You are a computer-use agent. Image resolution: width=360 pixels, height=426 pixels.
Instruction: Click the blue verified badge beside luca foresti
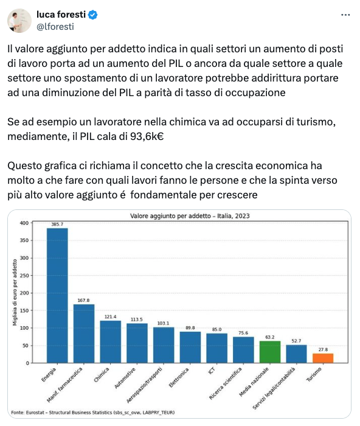coord(93,15)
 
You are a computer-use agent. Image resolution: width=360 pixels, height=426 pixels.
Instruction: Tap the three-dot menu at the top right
coord(345,15)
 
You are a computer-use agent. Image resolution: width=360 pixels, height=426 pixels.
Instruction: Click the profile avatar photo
coord(19,21)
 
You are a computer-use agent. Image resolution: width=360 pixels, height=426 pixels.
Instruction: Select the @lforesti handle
coord(55,27)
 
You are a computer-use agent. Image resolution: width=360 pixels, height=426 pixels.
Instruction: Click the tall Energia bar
coord(57,295)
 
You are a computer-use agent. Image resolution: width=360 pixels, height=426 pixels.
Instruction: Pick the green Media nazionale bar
coord(270,352)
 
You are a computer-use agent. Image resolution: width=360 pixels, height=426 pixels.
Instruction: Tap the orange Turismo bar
coord(323,358)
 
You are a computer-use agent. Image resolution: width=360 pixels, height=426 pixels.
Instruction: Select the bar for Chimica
coord(111,342)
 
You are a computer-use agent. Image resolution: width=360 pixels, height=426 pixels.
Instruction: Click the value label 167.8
coord(84,300)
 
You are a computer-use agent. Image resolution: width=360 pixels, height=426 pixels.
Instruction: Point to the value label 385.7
coord(57,224)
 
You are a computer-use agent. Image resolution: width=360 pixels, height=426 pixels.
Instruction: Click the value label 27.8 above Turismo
coord(323,349)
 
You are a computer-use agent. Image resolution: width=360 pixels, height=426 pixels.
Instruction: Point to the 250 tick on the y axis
coord(24,276)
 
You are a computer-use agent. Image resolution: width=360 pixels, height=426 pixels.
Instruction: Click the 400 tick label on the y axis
coord(24,223)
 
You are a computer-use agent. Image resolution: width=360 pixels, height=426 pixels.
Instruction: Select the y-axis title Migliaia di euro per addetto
coord(15,292)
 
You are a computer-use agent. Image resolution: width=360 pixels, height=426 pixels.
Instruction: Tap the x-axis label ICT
coord(212,370)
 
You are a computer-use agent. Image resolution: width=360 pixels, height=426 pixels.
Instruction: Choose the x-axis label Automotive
coord(125,378)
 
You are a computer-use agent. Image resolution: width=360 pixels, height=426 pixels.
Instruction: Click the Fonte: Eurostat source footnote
coord(93,413)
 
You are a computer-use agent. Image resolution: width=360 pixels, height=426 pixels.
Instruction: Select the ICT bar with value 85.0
coord(216,348)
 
